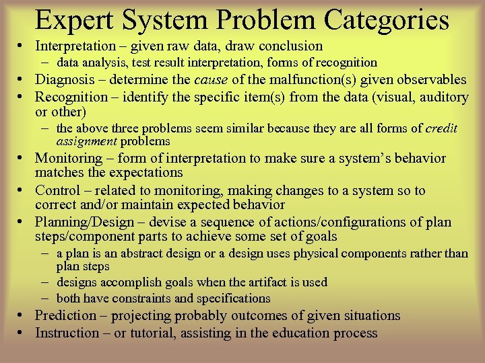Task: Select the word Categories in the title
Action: pyautogui.click(x=387, y=20)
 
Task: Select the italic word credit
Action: pyautogui.click(x=442, y=128)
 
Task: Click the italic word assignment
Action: pyautogui.click(x=88, y=141)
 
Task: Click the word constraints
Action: pyautogui.click(x=160, y=298)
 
